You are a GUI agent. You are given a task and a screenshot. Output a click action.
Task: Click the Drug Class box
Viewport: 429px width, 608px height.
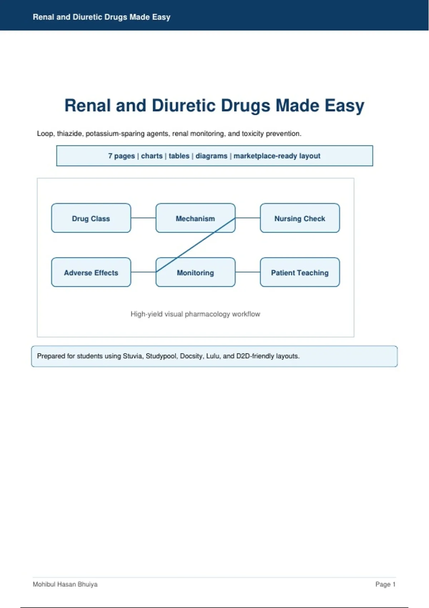pos(91,218)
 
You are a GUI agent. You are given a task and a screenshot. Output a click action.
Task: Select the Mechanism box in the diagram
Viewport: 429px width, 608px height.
pos(195,218)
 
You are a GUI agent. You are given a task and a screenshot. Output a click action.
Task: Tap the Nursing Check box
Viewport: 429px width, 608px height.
pos(300,218)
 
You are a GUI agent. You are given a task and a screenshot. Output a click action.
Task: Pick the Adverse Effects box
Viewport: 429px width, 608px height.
pos(91,272)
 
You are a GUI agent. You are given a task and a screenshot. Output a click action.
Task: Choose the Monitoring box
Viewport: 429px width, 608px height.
pos(195,272)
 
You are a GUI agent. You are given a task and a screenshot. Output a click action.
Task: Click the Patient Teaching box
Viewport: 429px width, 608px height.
pos(300,272)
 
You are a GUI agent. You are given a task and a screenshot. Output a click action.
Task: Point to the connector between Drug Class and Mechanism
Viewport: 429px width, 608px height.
pos(143,218)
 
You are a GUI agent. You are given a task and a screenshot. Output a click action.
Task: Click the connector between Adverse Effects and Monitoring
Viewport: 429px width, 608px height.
pos(143,272)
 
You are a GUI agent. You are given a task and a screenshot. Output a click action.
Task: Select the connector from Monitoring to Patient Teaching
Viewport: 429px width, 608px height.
pos(248,272)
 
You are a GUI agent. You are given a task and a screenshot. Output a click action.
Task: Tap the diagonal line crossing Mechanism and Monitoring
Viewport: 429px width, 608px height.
pos(195,245)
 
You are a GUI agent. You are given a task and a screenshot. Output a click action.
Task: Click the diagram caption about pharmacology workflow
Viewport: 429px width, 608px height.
pos(195,314)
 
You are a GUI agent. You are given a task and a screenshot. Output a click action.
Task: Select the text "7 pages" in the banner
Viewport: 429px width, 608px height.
pos(121,156)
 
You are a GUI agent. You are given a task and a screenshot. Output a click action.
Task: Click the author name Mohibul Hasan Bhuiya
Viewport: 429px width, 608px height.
pos(65,584)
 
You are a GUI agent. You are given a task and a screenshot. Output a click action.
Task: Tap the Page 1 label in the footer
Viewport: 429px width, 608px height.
pos(385,584)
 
